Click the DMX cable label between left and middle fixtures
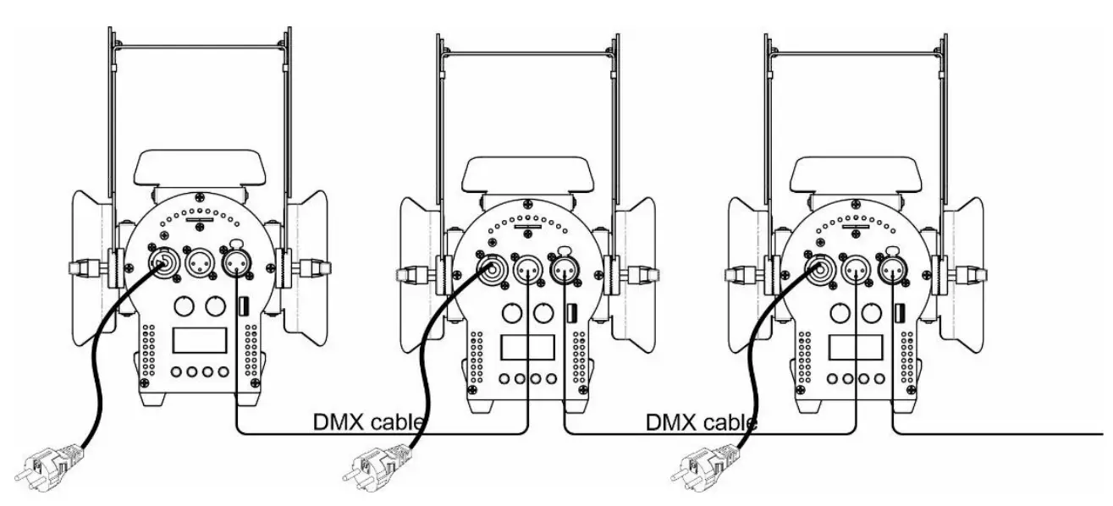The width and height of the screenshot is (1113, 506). [x=369, y=421]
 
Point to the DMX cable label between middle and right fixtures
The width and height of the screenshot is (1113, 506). [x=702, y=421]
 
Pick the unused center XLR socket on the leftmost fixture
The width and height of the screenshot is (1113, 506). [x=200, y=262]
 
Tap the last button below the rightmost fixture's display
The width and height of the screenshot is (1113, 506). [x=881, y=378]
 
